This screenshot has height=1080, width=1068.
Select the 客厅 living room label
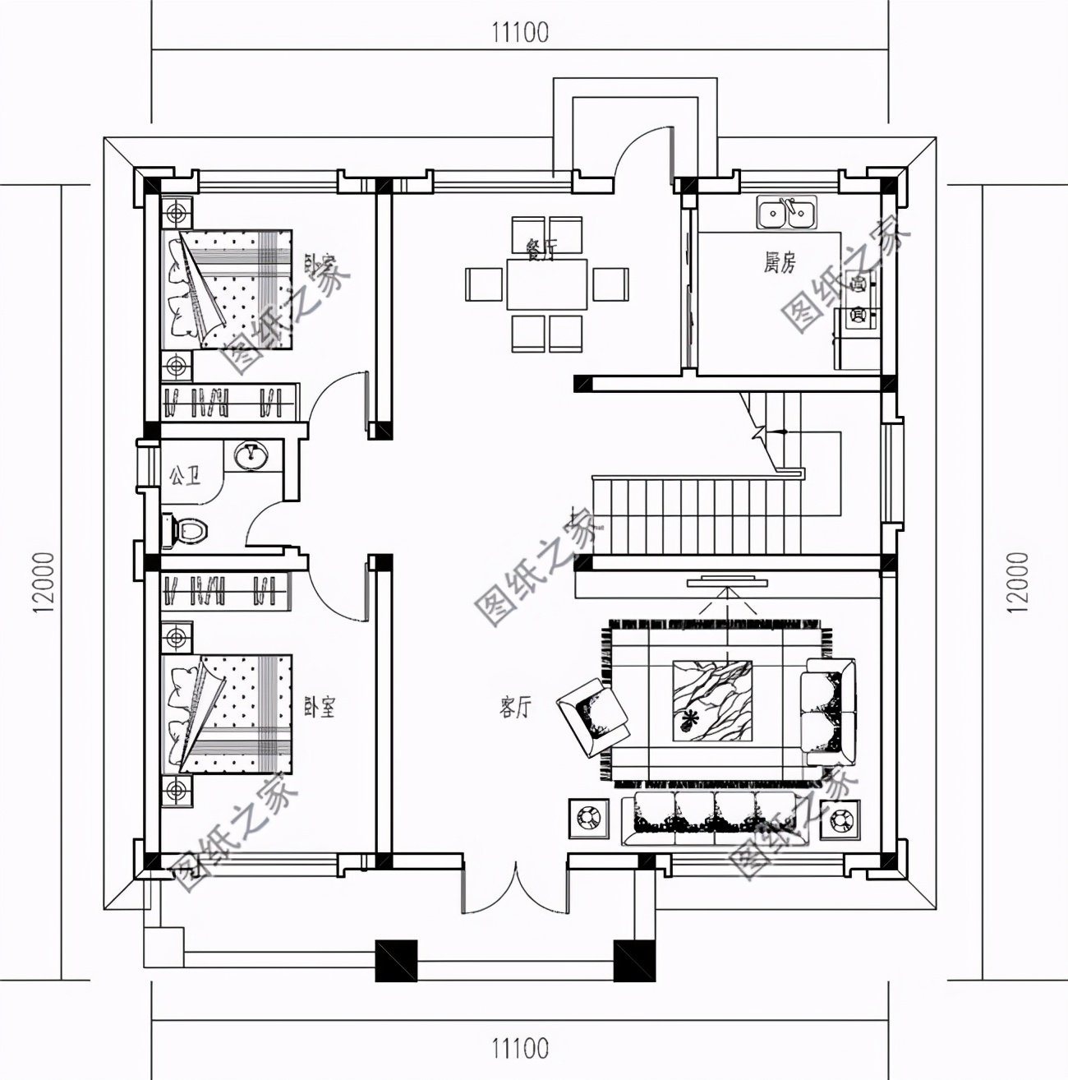[x=516, y=707]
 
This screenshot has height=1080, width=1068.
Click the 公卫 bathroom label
[x=184, y=476]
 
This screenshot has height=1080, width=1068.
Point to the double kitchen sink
[x=786, y=214]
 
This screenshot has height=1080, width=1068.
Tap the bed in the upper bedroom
[x=230, y=289]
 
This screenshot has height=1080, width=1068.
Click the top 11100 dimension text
[x=520, y=33]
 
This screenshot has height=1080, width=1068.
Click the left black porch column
[x=397, y=960]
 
